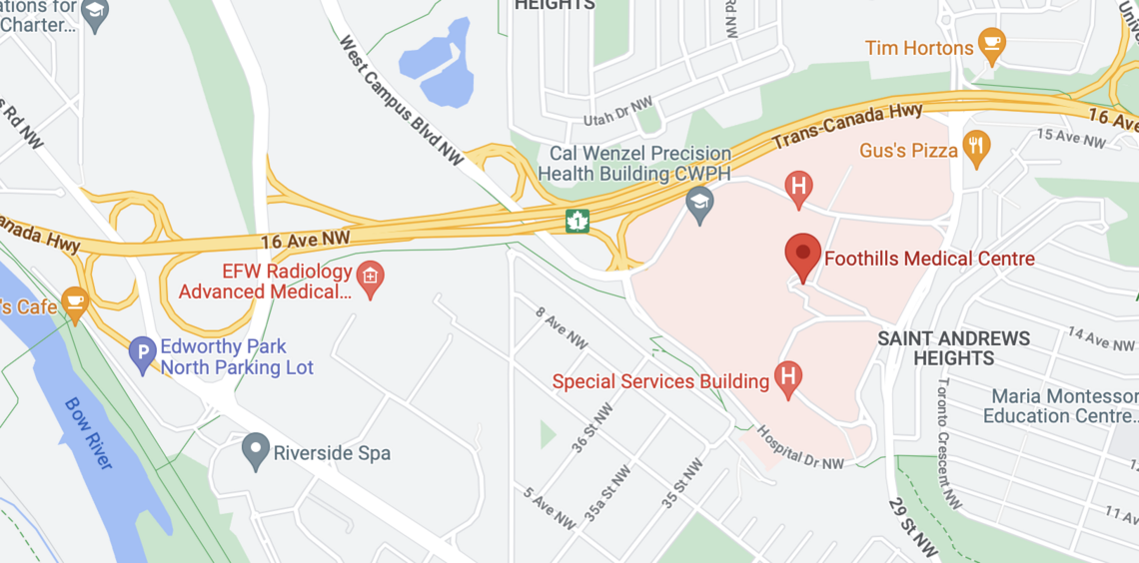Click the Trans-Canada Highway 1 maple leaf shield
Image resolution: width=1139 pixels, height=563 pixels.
(576, 221)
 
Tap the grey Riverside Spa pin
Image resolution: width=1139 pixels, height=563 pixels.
(257, 451)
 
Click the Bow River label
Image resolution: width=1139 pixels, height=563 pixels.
(89, 433)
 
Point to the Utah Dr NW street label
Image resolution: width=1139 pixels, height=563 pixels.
(618, 115)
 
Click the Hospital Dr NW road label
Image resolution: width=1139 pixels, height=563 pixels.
(799, 449)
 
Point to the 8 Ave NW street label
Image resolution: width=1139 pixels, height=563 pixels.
(562, 326)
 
